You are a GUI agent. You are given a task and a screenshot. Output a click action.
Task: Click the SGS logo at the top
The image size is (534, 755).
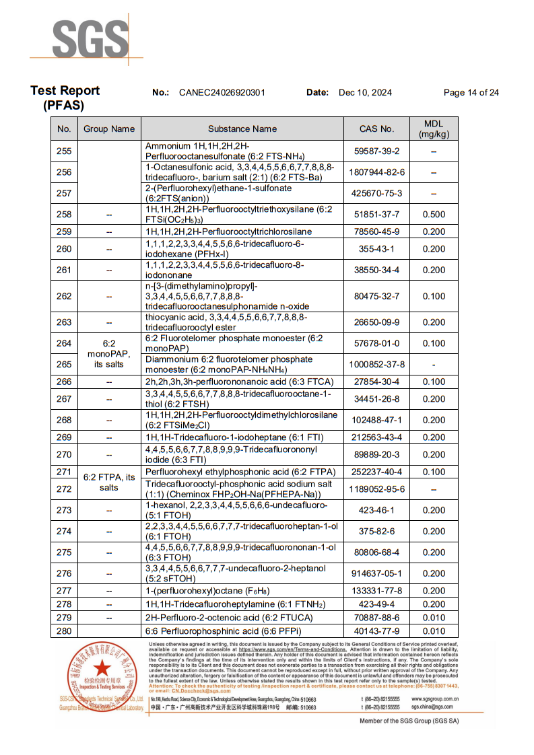(x=90, y=39)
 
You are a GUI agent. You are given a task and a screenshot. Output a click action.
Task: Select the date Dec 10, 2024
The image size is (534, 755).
(x=365, y=93)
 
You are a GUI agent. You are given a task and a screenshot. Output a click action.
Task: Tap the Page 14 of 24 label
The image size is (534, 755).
(x=471, y=93)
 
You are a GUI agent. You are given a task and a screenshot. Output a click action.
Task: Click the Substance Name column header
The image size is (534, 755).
(x=242, y=129)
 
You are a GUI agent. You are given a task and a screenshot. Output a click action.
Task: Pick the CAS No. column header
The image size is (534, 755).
(x=376, y=129)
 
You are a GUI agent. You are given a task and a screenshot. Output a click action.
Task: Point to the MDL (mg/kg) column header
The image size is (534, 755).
(x=434, y=129)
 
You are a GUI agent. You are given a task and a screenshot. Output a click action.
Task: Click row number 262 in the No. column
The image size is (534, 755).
(x=64, y=296)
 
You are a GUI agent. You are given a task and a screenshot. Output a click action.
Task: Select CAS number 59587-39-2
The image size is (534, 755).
(x=376, y=151)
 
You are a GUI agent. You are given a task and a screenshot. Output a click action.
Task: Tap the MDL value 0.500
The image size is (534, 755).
(x=434, y=215)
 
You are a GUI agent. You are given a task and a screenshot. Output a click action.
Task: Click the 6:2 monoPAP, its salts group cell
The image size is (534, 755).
(x=108, y=353)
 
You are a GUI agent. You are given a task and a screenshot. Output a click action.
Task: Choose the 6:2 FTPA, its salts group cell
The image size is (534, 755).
(x=108, y=482)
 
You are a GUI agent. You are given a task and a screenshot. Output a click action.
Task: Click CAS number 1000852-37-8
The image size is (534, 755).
(x=376, y=365)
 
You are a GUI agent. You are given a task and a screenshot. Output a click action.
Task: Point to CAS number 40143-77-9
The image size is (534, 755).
(x=376, y=631)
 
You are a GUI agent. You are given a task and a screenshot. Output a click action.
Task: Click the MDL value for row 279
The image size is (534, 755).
(x=434, y=617)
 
